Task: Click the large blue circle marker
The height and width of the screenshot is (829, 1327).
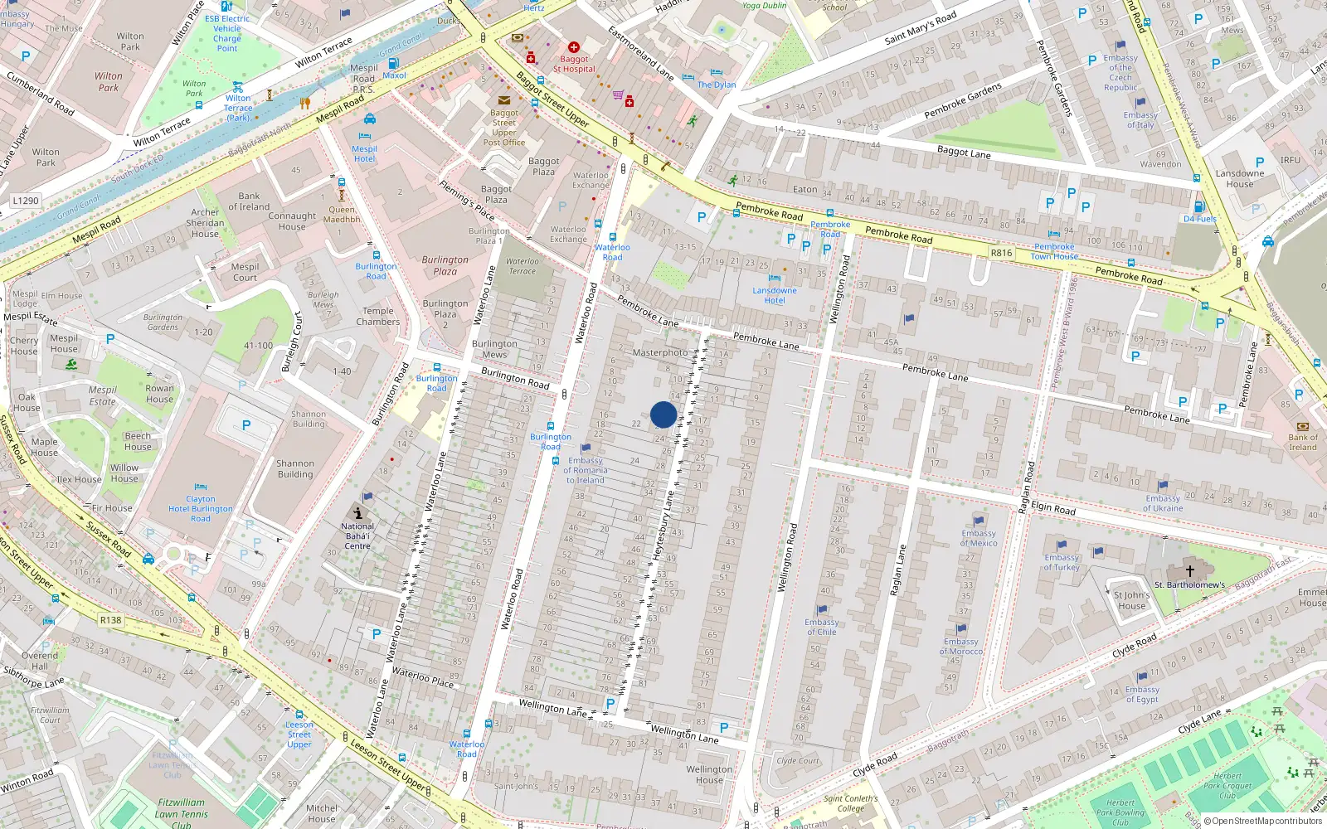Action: click(x=663, y=414)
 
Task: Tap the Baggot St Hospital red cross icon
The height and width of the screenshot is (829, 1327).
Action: click(x=573, y=47)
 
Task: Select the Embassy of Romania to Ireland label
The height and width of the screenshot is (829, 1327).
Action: click(x=586, y=470)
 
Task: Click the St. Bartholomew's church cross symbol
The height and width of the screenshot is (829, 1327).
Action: click(x=1189, y=570)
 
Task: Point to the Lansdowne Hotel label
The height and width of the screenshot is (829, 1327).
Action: click(x=775, y=295)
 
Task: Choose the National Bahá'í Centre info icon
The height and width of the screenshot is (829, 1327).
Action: click(x=357, y=513)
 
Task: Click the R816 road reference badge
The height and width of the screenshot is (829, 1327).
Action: click(x=1001, y=253)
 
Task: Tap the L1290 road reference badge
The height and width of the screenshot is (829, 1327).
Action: click(x=26, y=201)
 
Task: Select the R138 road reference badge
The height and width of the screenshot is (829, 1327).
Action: click(x=110, y=619)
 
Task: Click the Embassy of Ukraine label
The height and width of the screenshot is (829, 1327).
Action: click(x=1163, y=503)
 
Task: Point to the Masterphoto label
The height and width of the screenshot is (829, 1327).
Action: click(x=660, y=352)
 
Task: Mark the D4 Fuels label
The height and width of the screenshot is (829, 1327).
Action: click(x=1200, y=219)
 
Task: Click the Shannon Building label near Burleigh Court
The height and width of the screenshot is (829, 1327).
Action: click(x=309, y=419)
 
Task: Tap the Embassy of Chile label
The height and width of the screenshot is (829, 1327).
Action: click(x=822, y=627)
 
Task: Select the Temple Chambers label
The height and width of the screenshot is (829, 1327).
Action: click(x=377, y=316)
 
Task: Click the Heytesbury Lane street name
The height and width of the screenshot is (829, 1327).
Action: click(x=663, y=526)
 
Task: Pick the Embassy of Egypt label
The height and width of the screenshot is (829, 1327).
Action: click(x=1142, y=694)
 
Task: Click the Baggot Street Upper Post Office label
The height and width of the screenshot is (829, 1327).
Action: click(x=504, y=127)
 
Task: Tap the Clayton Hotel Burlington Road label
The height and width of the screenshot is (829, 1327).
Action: click(x=200, y=509)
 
